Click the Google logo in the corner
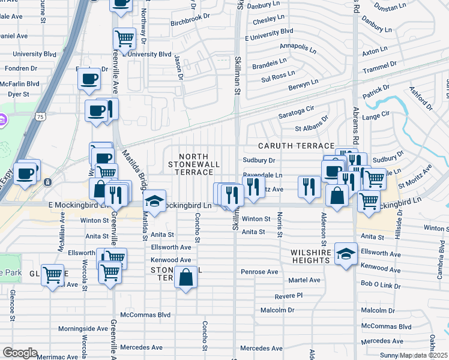coord(19,353)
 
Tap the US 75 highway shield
coord(40,115)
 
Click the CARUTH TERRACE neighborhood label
coord(296,146)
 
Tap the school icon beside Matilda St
coord(154,201)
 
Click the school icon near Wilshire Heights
coord(346,253)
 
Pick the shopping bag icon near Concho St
coord(185,277)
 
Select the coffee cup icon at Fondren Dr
coord(89,78)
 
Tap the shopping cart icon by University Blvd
coord(124,39)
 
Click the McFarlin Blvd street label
coord(20,83)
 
